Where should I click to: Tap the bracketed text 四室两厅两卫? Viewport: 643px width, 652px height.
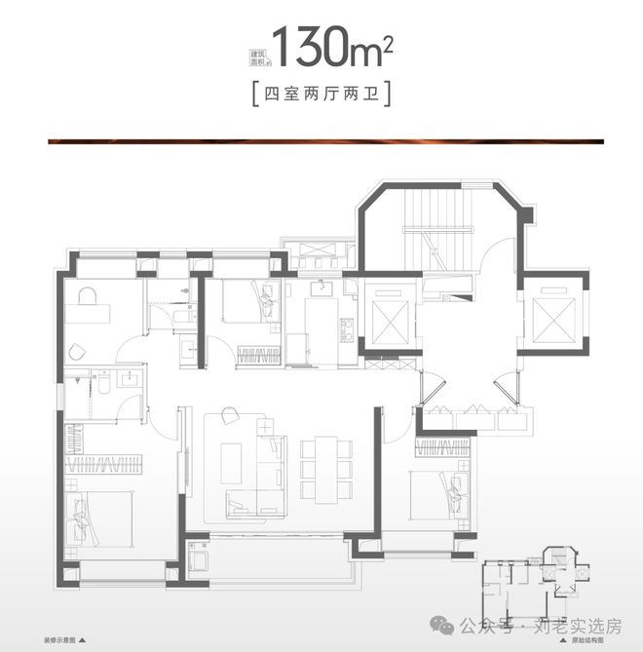click(x=321, y=96)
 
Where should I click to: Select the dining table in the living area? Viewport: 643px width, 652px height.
click(x=321, y=467)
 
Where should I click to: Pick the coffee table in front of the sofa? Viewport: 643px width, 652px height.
click(x=232, y=463)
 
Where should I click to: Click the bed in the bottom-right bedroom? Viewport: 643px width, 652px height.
click(x=438, y=492)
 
